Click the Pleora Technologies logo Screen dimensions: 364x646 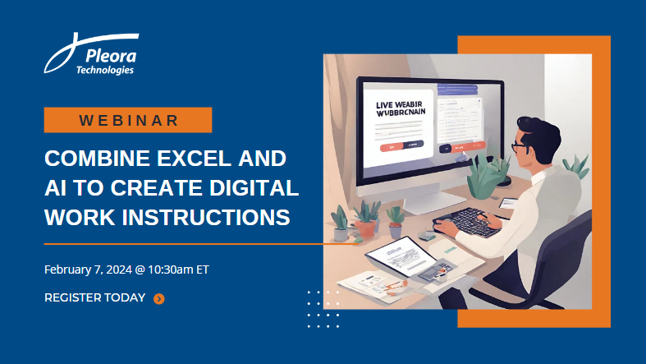92,56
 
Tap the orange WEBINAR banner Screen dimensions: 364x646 128,120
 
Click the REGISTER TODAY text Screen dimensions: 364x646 95,297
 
